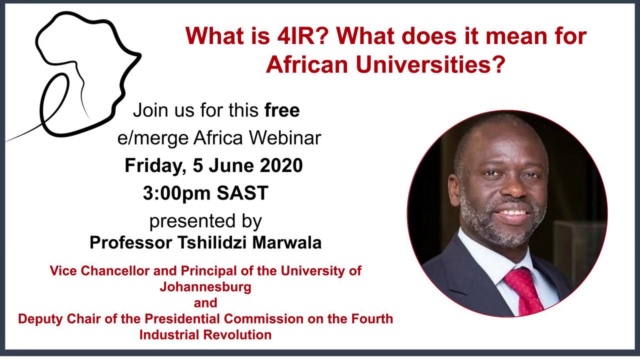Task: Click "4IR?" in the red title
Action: [x=302, y=36]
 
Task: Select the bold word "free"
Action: [x=282, y=110]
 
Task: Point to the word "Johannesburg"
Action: [x=205, y=287]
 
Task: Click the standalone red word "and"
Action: [x=205, y=303]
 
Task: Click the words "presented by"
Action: [x=205, y=220]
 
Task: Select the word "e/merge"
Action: [x=154, y=137]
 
